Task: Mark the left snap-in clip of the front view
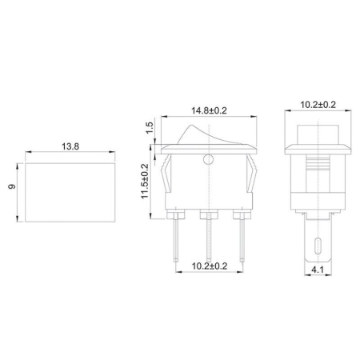coord(168,180)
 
